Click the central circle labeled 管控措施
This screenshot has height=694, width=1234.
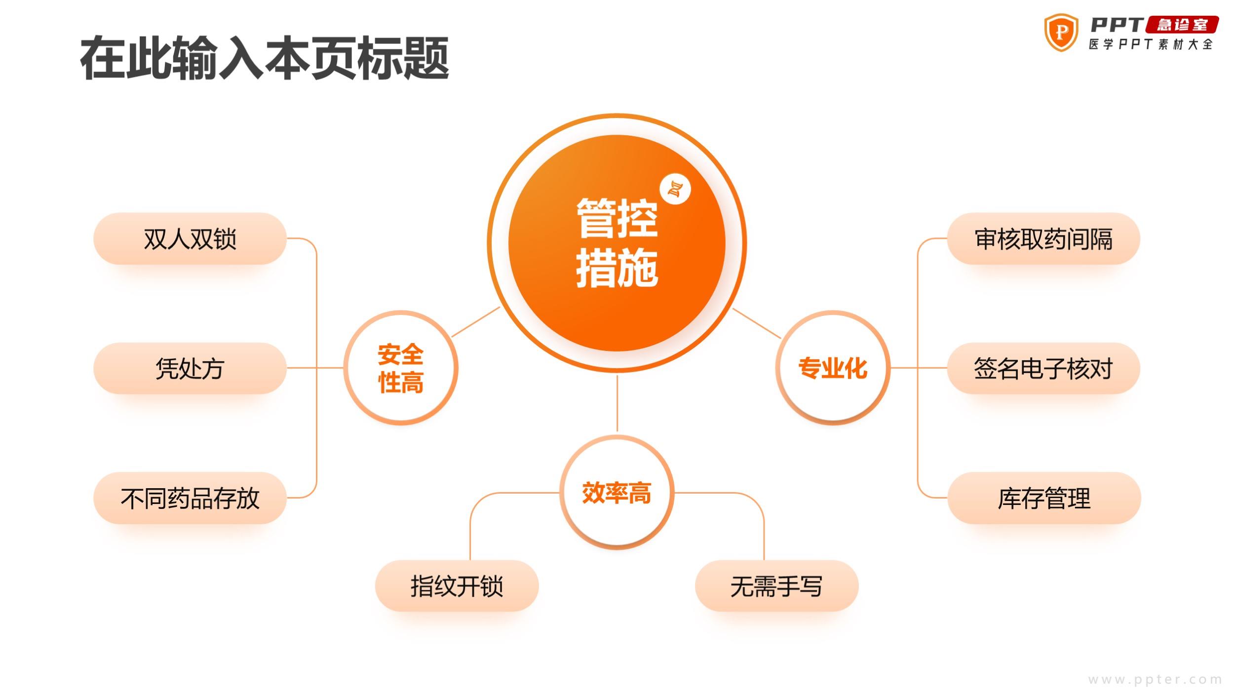617,243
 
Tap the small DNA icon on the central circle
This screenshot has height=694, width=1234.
675,189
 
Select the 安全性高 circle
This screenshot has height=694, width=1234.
401,368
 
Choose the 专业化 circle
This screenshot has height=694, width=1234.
833,368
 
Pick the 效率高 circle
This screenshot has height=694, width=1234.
617,492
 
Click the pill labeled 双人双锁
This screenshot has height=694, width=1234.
190,238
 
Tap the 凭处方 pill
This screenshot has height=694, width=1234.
190,368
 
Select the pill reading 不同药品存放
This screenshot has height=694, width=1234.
190,498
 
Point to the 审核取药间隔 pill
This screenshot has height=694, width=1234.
1043,238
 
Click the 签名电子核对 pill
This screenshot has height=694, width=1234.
1043,368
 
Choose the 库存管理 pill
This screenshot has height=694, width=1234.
1044,498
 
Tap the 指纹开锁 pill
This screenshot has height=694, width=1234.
457,586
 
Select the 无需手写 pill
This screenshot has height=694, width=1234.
777,586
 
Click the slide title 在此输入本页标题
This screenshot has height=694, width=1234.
265,58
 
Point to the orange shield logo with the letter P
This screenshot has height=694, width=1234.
1061,33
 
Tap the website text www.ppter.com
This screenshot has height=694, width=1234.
1155,680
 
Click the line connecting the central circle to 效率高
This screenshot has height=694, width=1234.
617,403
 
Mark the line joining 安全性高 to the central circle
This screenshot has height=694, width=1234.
476,322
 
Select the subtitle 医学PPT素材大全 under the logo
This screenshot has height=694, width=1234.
1151,44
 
